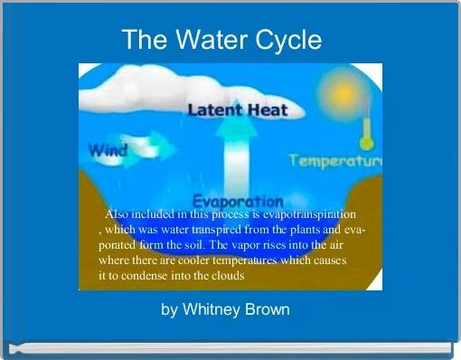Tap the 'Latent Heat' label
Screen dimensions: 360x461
coord(238,110)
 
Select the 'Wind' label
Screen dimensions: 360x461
coord(106,150)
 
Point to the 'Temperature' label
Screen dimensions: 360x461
coord(335,161)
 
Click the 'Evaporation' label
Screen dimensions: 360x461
coord(238,200)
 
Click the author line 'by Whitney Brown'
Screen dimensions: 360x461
coord(225,310)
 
